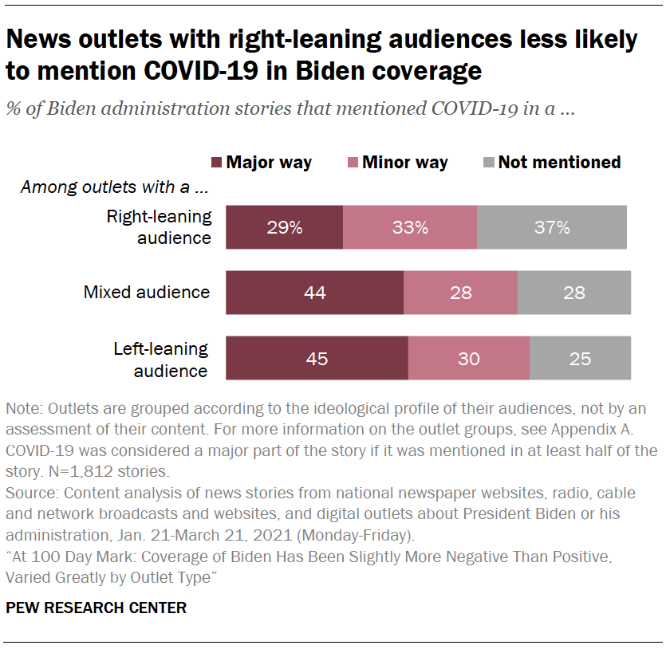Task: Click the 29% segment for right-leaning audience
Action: click(x=284, y=227)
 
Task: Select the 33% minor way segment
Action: click(x=410, y=227)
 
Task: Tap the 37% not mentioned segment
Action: click(x=552, y=227)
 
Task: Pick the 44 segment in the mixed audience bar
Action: click(x=314, y=293)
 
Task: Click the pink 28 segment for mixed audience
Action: click(x=460, y=293)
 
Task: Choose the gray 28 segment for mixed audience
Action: click(x=574, y=293)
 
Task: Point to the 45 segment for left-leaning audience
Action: click(x=317, y=358)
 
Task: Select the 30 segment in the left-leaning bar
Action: click(x=469, y=358)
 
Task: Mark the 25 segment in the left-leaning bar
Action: click(x=580, y=358)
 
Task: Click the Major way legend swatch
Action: click(x=216, y=163)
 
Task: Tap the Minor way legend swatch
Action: click(x=352, y=163)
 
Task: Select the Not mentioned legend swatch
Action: click(x=488, y=163)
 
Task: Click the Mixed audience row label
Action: click(x=147, y=293)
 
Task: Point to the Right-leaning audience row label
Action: click(x=160, y=226)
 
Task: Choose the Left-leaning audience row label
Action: click(x=160, y=360)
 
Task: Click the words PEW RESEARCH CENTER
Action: click(x=96, y=608)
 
